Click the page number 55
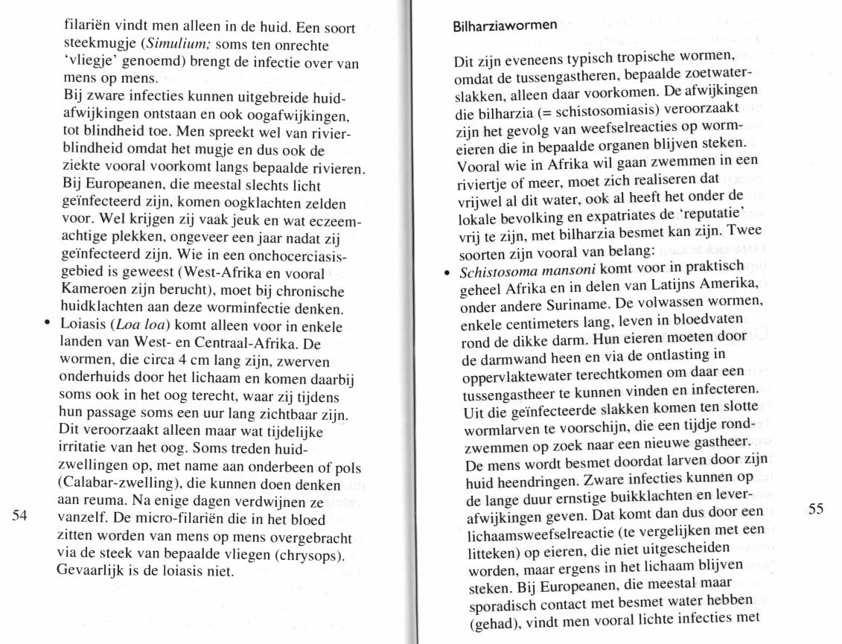point(816,509)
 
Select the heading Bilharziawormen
point(505,26)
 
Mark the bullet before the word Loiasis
point(47,325)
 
